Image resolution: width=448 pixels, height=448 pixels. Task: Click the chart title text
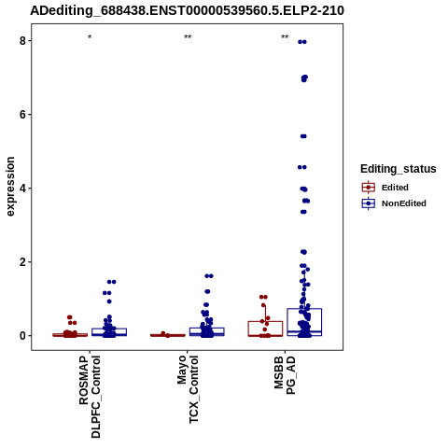click(x=187, y=10)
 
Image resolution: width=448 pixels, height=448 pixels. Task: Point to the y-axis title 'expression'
click(x=10, y=187)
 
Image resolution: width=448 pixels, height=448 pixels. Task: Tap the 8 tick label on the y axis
click(x=22, y=41)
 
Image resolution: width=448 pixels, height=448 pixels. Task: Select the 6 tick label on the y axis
click(x=22, y=115)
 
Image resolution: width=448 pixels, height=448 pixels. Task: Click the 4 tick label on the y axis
click(x=22, y=189)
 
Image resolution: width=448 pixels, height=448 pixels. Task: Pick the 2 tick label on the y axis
click(x=22, y=262)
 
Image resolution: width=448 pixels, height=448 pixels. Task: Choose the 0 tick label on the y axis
click(x=22, y=336)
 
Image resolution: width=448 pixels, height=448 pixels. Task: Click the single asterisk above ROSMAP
click(x=90, y=37)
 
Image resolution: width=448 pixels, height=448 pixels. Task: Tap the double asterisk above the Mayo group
click(x=188, y=37)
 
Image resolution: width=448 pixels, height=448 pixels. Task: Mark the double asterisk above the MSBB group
click(x=285, y=37)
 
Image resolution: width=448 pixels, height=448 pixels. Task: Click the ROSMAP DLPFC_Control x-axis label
click(x=90, y=397)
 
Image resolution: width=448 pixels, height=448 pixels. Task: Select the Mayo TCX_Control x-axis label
click(x=188, y=389)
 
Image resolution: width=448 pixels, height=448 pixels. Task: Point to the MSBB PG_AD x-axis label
click(x=285, y=375)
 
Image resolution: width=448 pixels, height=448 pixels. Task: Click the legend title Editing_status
click(x=399, y=169)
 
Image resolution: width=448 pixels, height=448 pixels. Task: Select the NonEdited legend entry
click(x=394, y=203)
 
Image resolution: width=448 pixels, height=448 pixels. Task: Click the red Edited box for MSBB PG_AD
click(x=265, y=321)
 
